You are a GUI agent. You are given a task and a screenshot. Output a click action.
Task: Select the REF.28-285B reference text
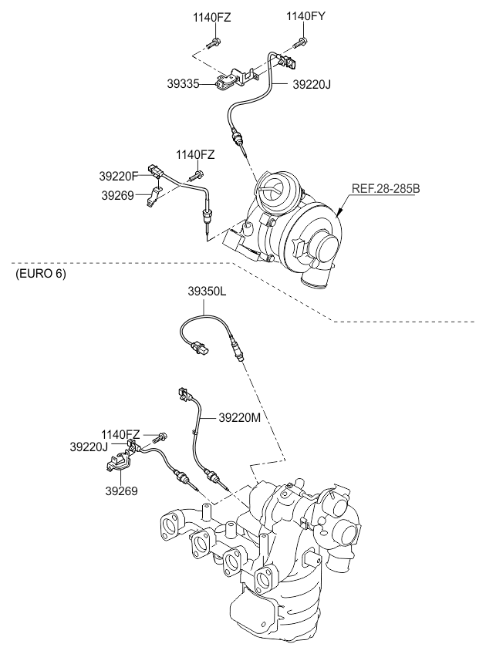[x=385, y=187]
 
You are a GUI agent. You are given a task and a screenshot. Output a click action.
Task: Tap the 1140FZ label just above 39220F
[x=194, y=155]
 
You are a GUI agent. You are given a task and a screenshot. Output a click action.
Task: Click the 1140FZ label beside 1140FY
[x=211, y=16]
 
